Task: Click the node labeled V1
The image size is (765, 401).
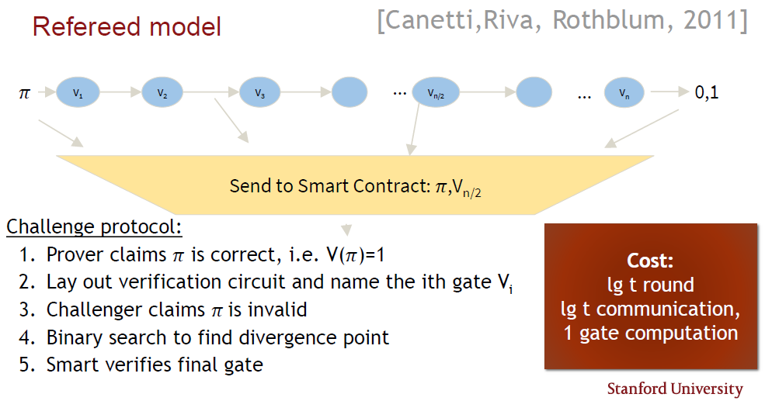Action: (78, 93)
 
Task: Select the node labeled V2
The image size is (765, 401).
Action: (162, 93)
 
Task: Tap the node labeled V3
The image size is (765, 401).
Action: (259, 93)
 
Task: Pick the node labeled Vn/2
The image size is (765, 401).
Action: (436, 93)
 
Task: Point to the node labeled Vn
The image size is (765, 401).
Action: (624, 93)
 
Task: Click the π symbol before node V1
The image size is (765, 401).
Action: (23, 94)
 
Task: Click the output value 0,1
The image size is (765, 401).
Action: (707, 93)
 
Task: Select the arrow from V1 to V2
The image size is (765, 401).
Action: (120, 93)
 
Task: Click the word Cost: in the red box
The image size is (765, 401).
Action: (650, 261)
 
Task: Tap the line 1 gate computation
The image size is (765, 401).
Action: (650, 334)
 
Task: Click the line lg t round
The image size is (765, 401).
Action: (650, 285)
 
